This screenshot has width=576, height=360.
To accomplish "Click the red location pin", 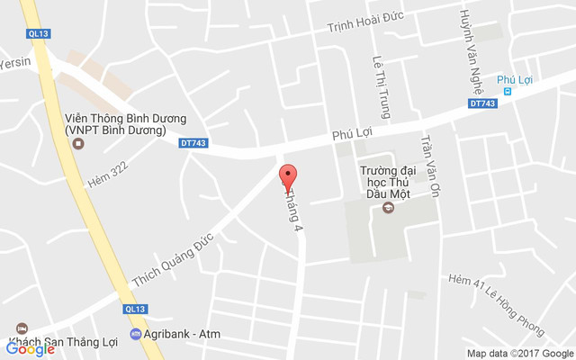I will [x=288, y=177].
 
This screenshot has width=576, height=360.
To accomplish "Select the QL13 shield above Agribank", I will [x=135, y=309].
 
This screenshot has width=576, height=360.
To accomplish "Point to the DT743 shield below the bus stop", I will [x=482, y=103].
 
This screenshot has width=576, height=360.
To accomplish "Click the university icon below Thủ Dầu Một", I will [x=389, y=208].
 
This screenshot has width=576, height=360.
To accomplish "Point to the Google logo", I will [x=30, y=349].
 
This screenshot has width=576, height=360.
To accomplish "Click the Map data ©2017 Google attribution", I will [x=519, y=353].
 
